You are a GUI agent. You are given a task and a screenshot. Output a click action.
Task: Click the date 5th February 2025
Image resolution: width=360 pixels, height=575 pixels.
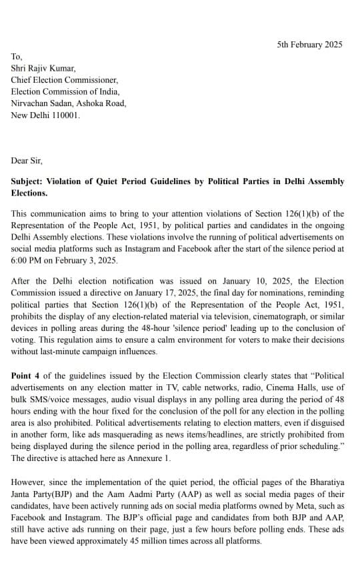coord(309,45)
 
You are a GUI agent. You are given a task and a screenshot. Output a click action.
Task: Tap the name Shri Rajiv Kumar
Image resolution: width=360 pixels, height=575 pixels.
coord(43,68)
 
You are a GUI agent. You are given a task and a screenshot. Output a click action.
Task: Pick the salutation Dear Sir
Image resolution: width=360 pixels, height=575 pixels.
coord(29,160)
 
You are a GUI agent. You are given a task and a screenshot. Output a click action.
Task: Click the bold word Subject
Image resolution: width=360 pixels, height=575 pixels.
coord(29,181)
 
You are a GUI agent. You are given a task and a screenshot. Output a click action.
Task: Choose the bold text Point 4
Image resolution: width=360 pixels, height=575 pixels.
coord(27,376)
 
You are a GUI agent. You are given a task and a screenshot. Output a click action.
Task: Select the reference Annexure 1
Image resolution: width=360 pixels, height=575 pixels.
coord(149,458)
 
